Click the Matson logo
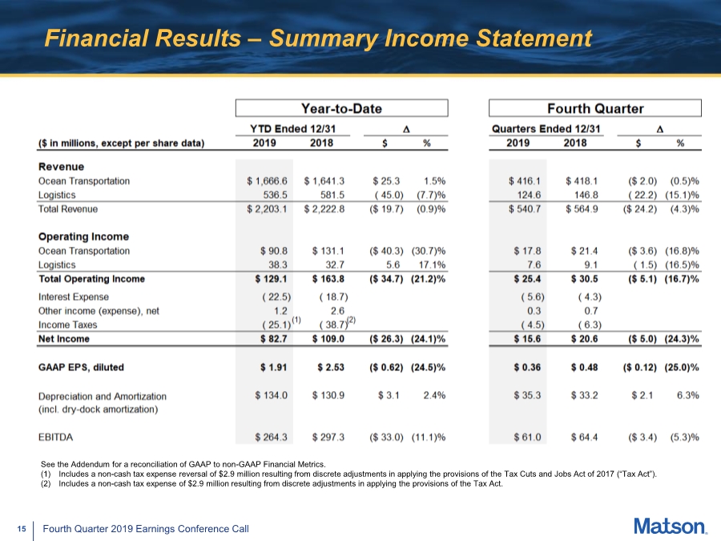point(671,527)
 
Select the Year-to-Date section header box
point(341,108)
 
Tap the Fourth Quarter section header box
point(595,108)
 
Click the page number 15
point(21,529)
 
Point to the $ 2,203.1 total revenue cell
point(267,209)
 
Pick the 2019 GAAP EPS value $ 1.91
point(273,368)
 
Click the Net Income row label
point(64,339)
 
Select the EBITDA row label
point(55,437)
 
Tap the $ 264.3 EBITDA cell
point(271,437)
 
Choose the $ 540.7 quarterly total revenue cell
point(524,209)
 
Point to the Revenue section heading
point(61,167)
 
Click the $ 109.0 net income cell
point(328,339)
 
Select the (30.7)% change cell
point(429,251)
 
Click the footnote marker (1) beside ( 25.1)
point(296,320)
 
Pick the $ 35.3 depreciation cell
point(527,396)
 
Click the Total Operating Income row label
point(92,279)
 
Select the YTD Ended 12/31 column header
point(293,129)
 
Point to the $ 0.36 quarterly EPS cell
point(527,368)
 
